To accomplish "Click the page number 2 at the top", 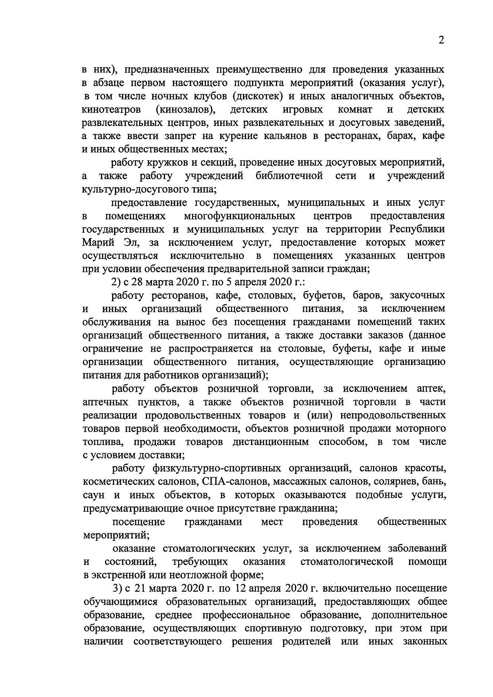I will coord(441,40).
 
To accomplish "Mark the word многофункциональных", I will coord(240,216).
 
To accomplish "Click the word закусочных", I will coord(417,296).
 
